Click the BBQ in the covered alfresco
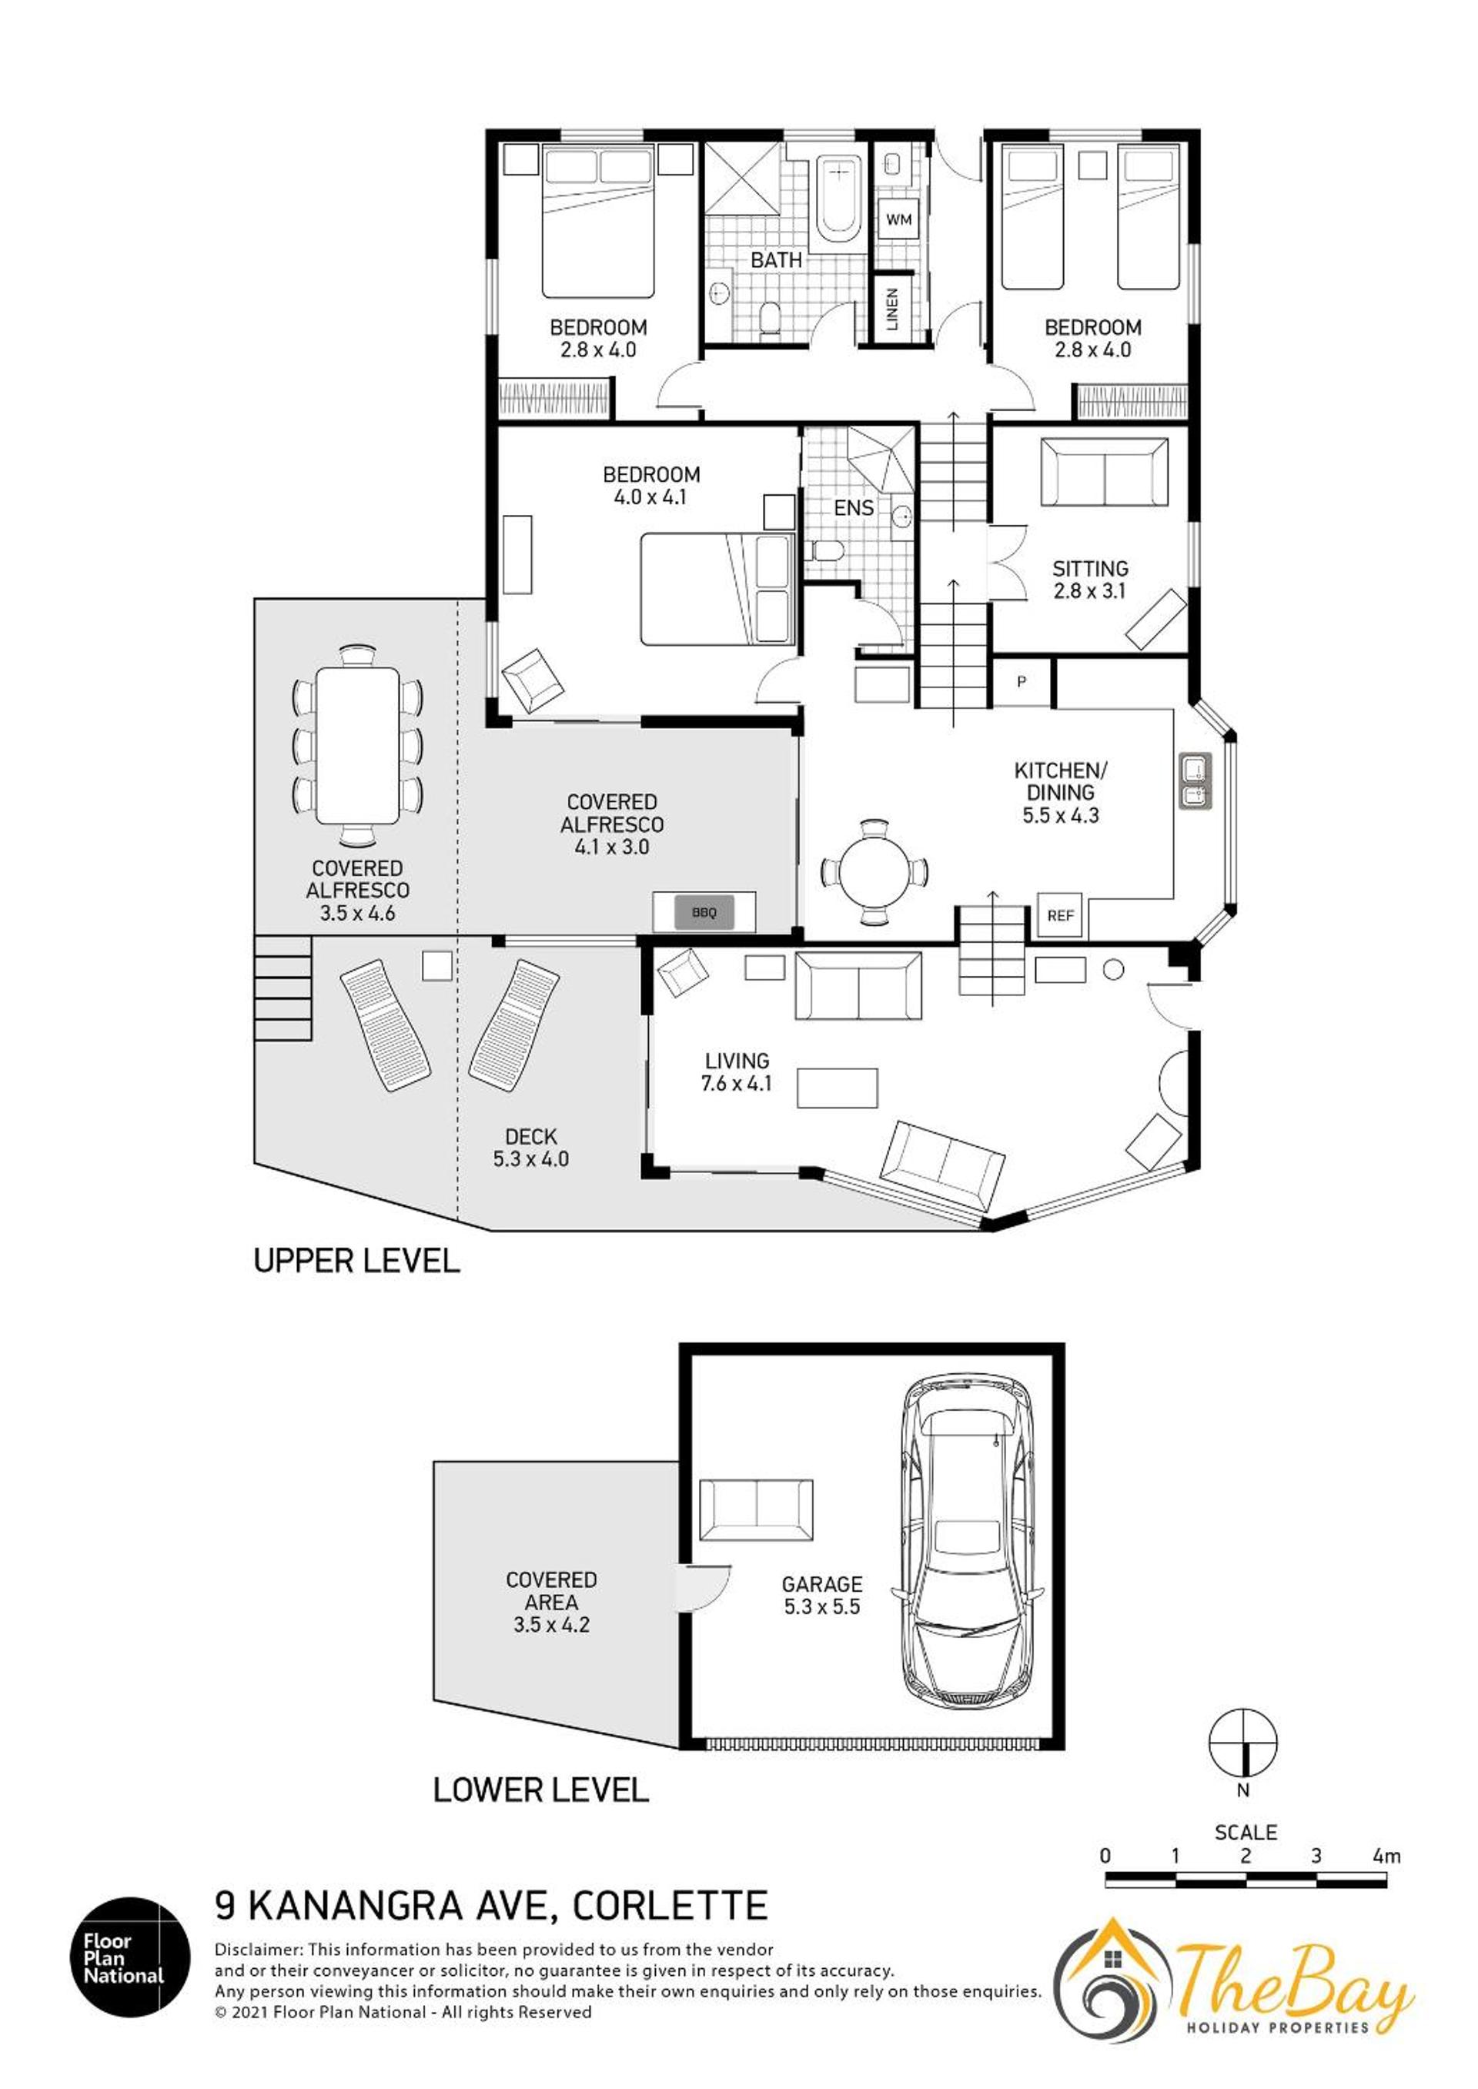point(704,911)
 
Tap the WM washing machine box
point(899,219)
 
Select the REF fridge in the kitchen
point(1060,915)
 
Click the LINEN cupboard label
point(893,309)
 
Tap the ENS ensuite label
point(854,508)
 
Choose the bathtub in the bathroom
point(838,199)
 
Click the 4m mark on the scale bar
point(1386,1856)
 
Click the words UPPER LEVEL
point(356,1260)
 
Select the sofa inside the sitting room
point(1104,472)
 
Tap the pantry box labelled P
point(1022,681)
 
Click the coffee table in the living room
point(838,1088)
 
